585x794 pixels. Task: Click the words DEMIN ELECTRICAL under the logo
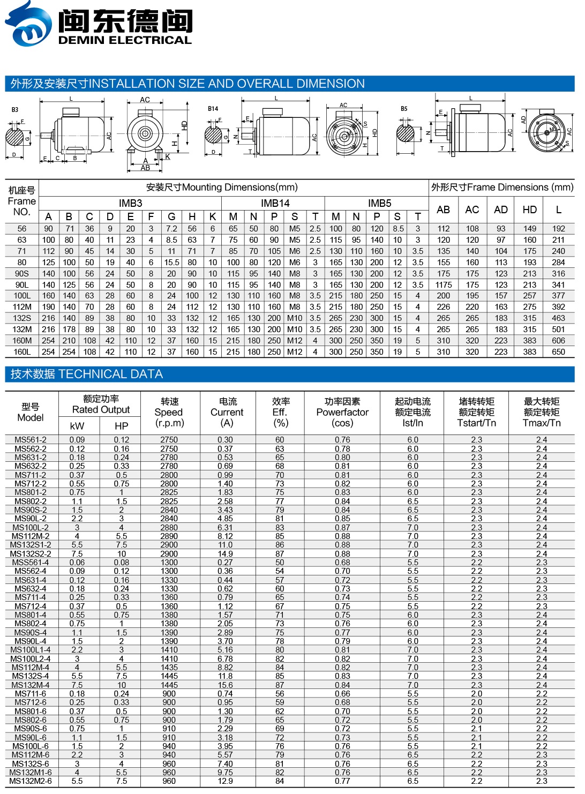tap(124, 40)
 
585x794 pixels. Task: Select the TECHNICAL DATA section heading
tap(87, 374)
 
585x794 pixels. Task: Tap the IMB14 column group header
tap(275, 203)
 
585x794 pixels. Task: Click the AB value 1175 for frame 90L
tap(444, 285)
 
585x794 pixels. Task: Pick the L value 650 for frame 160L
tap(558, 352)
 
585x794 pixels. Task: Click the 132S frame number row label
tap(22, 318)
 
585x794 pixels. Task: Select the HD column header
tap(529, 210)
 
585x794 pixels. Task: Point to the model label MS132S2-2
tap(31, 554)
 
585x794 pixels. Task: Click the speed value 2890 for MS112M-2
tap(169, 536)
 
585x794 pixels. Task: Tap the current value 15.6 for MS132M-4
tap(226, 685)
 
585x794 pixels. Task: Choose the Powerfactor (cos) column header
tap(342, 412)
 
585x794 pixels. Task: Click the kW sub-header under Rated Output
tap(77, 426)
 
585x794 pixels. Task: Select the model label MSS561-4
tap(31, 563)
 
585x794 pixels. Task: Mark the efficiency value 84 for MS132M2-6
tap(280, 781)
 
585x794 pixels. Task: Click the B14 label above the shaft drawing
tap(213, 109)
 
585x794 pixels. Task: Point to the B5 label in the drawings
tap(404, 109)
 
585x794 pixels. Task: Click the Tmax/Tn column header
tap(542, 412)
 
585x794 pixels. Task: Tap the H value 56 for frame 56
tap(192, 229)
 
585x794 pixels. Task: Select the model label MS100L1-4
tap(31, 650)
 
